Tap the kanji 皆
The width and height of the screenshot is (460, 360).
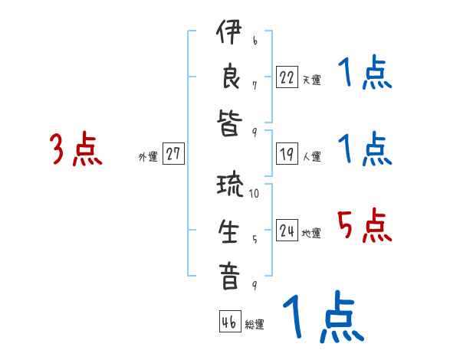pyautogui.click(x=228, y=123)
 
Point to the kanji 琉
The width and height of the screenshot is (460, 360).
pyautogui.click(x=228, y=187)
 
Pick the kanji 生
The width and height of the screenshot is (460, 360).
pyautogui.click(x=228, y=231)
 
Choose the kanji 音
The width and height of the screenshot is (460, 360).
pyautogui.click(x=228, y=276)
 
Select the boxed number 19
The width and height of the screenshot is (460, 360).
pyautogui.click(x=287, y=154)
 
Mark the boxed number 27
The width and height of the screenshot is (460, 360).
pyautogui.click(x=173, y=154)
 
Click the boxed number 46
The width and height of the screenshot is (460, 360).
pyautogui.click(x=228, y=322)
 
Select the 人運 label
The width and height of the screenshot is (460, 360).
pyautogui.click(x=311, y=156)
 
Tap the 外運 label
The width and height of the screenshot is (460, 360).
pyautogui.click(x=147, y=156)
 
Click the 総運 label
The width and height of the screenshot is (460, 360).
pyautogui.click(x=255, y=325)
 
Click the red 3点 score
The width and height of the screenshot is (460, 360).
pyautogui.click(x=76, y=149)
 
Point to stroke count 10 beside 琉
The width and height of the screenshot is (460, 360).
pyautogui.click(x=254, y=194)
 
